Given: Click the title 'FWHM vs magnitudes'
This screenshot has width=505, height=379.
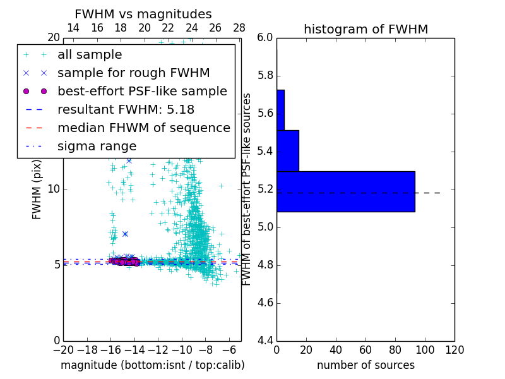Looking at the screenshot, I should [x=143, y=14].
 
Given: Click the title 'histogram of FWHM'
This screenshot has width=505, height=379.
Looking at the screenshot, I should [x=365, y=29].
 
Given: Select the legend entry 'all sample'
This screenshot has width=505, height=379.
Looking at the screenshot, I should [x=90, y=55].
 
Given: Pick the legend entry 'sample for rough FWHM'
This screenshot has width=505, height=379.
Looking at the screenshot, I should [x=133, y=73].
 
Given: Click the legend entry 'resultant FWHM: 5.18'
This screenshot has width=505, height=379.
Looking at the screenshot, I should [x=126, y=109].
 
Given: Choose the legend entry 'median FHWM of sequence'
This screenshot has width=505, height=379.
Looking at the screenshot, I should [x=143, y=128].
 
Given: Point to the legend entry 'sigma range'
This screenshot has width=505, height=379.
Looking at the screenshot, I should [x=97, y=146].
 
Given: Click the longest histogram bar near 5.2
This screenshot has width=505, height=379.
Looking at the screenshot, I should [x=345, y=191].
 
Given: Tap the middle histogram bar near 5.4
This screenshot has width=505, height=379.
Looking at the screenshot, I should [x=287, y=150].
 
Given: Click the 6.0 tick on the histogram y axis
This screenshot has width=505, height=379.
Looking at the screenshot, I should [x=265, y=38].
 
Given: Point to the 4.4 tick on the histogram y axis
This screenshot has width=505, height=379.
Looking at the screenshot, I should [x=265, y=340].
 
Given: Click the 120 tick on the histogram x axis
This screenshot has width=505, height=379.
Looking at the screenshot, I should [x=454, y=349].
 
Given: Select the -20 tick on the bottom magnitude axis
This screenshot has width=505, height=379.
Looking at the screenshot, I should [x=63, y=349].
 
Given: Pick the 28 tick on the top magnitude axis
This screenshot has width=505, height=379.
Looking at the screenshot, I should [x=239, y=28].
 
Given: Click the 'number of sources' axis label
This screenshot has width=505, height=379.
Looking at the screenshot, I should [x=365, y=365].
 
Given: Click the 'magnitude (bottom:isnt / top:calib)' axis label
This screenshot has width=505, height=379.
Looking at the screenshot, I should [x=152, y=365].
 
